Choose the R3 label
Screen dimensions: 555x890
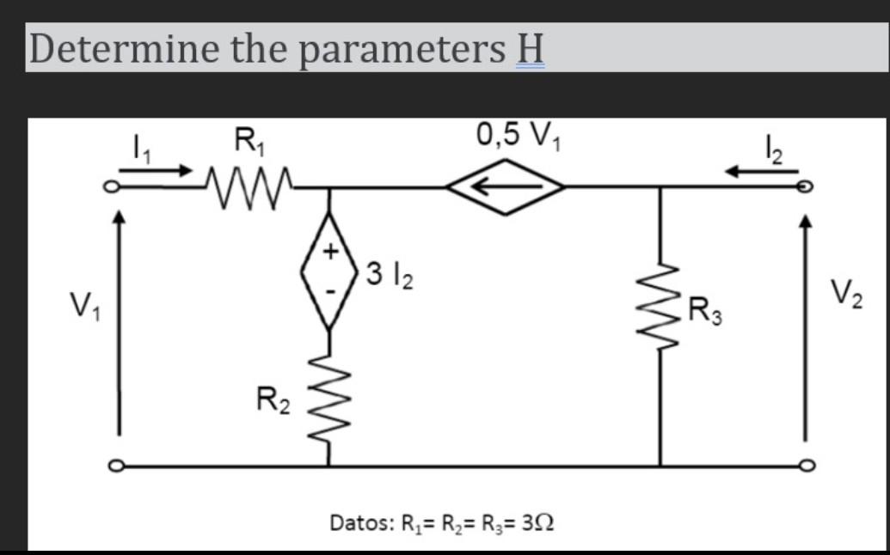click(708, 308)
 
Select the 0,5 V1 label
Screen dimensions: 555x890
click(513, 135)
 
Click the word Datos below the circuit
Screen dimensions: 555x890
click(359, 521)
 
